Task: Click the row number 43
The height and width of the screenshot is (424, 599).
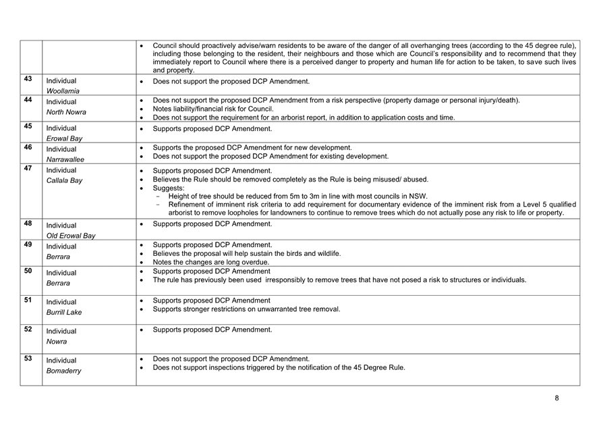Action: (28, 79)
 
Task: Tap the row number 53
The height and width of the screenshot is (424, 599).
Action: (28, 358)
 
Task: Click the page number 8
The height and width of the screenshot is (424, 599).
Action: (557, 398)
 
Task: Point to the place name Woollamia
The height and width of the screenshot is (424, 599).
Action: (63, 90)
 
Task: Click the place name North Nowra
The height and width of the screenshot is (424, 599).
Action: (66, 112)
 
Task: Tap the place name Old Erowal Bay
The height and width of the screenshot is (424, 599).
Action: (71, 236)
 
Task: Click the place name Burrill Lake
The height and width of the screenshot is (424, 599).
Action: (65, 313)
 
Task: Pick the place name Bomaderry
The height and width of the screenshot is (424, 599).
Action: (64, 371)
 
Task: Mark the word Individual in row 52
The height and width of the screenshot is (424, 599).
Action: (61, 331)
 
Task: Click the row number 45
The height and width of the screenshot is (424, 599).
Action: (28, 126)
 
